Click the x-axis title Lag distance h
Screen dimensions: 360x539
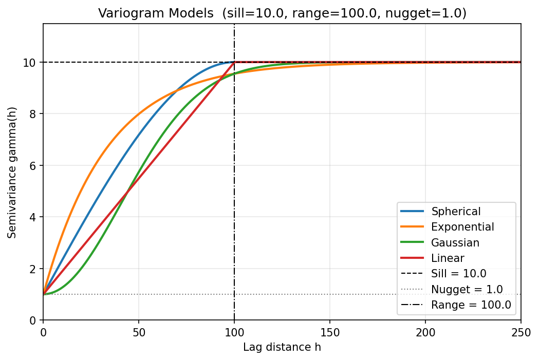282,348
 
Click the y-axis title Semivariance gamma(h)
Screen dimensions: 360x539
12,172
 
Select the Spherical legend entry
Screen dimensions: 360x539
456,212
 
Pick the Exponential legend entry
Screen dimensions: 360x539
462,227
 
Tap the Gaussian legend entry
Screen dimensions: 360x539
455,242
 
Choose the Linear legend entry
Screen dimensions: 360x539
448,258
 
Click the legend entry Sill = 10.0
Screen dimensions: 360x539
458,274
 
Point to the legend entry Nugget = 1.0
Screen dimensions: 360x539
467,289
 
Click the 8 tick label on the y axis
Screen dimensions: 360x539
33,114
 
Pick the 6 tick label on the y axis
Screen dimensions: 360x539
33,166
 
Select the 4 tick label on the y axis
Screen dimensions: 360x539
33,217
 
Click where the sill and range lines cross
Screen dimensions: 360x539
234,62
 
